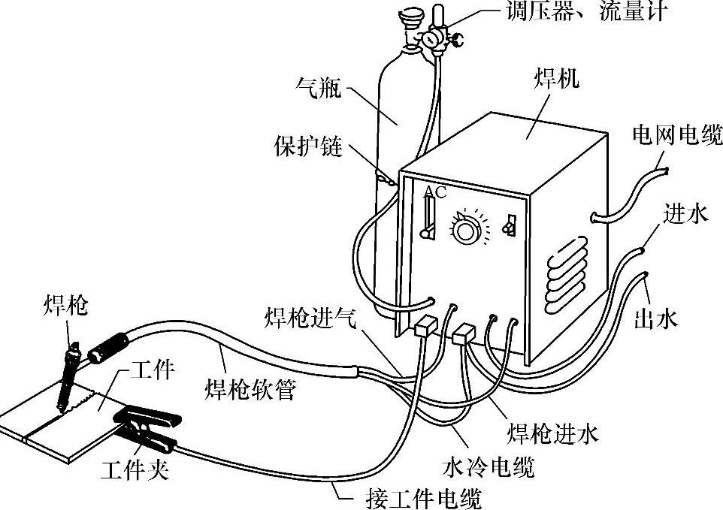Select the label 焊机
tap(556, 80)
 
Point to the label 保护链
tap(307, 146)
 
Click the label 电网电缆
tap(677, 136)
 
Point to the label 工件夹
tap(135, 471)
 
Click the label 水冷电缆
tap(488, 467)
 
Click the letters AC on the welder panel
tap(435, 192)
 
